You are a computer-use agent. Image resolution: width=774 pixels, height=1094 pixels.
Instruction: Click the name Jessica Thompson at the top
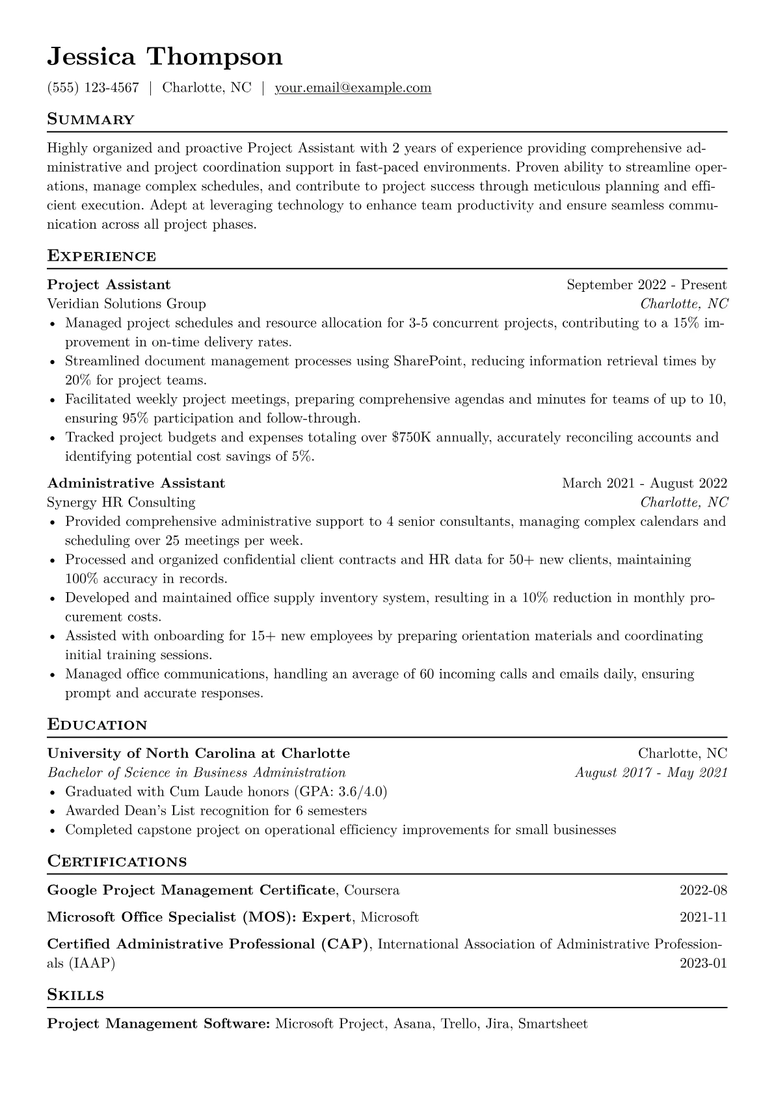click(165, 57)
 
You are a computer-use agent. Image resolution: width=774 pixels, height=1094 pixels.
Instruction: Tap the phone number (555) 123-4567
click(93, 88)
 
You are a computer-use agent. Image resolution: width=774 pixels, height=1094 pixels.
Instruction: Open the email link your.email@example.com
click(353, 88)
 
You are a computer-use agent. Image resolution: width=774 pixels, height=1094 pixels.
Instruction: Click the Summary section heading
click(90, 120)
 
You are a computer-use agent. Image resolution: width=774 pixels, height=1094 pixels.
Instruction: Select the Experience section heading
click(101, 256)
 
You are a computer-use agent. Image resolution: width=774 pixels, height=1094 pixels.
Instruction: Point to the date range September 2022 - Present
click(646, 285)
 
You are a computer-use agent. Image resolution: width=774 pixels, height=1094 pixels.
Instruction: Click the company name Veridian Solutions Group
click(126, 304)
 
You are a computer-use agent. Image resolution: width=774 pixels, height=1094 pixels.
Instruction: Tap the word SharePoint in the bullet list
click(428, 361)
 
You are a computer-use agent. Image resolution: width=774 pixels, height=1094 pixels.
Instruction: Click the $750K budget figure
click(412, 437)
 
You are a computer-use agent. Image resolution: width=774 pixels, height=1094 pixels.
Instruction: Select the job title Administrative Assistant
click(136, 483)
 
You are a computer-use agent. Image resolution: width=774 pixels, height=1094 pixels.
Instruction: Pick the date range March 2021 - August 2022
click(644, 483)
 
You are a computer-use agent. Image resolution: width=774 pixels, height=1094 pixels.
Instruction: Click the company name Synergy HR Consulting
click(121, 502)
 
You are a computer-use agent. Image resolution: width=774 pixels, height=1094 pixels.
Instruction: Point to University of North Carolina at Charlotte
click(198, 753)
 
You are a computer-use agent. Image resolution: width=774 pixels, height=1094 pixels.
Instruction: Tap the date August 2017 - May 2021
click(650, 772)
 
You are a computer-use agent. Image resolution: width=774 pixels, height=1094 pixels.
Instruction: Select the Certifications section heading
click(117, 862)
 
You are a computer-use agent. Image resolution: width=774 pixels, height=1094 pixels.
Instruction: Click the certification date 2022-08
click(702, 890)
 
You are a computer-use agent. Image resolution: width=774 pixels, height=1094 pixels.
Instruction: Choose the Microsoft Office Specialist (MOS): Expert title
click(200, 917)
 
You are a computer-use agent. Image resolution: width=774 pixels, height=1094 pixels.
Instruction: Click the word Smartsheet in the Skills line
click(552, 1024)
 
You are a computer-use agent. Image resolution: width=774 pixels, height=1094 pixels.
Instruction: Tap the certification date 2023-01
click(702, 963)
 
